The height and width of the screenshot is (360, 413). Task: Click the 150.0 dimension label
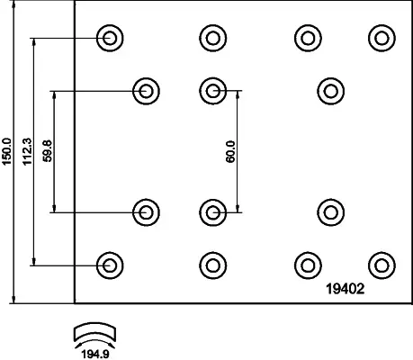pyautogui.click(x=6, y=151)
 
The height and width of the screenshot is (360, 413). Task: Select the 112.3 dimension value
pyautogui.click(x=27, y=151)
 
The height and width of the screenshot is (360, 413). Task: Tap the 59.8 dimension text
pyautogui.click(x=48, y=151)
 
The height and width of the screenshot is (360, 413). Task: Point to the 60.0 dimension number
pyautogui.click(x=230, y=152)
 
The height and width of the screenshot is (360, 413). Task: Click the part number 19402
pyautogui.click(x=346, y=289)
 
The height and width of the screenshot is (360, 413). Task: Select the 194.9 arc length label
pyautogui.click(x=95, y=355)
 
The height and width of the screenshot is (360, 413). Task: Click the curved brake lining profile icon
pyautogui.click(x=94, y=333)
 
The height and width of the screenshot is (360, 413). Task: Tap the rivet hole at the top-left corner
pyautogui.click(x=110, y=38)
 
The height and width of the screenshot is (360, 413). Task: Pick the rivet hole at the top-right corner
pyautogui.click(x=382, y=38)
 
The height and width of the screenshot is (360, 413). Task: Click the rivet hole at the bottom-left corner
pyautogui.click(x=110, y=265)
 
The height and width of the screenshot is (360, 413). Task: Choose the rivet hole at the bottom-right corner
pyautogui.click(x=382, y=265)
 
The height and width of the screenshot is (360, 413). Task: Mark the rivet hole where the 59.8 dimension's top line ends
pyautogui.click(x=146, y=91)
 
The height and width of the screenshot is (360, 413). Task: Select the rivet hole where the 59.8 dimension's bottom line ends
pyautogui.click(x=146, y=212)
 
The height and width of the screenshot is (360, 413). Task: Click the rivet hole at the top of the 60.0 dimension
pyautogui.click(x=213, y=91)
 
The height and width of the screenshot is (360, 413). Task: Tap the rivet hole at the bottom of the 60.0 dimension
pyautogui.click(x=213, y=212)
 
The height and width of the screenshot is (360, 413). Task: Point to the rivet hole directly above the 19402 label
pyautogui.click(x=331, y=212)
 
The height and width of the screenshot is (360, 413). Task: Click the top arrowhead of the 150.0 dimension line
pyautogui.click(x=13, y=4)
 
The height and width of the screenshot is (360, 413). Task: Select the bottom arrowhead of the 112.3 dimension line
pyautogui.click(x=34, y=261)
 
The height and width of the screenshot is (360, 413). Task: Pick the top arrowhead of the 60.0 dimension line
pyautogui.click(x=238, y=94)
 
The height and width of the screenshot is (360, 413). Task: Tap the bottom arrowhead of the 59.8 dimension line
pyautogui.click(x=54, y=208)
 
